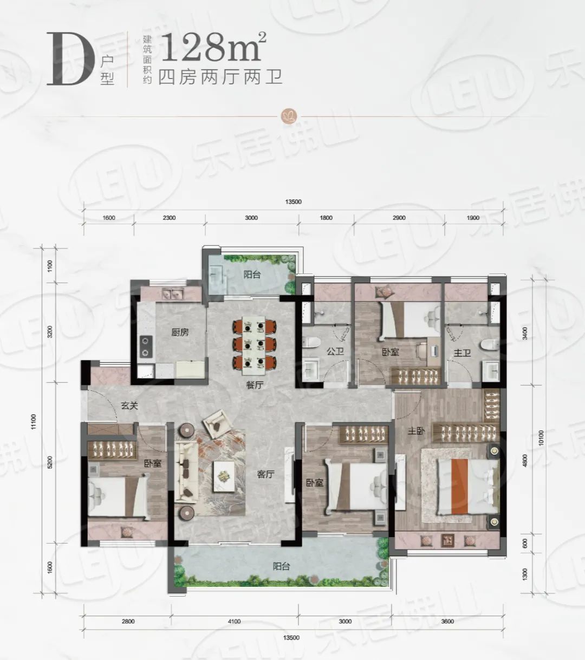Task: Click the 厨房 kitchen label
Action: click(180, 332)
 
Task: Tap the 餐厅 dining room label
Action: click(255, 385)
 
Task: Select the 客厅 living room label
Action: click(265, 474)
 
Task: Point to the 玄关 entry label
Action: click(129, 406)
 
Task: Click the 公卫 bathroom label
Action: click(335, 351)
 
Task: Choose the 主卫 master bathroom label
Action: click(462, 353)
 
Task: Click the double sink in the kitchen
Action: click(172, 294)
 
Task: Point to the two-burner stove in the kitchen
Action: click(145, 347)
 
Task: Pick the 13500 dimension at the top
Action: click(294, 201)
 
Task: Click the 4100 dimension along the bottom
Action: click(234, 621)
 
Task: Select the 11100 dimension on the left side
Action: click(34, 422)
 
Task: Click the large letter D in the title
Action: click(69, 59)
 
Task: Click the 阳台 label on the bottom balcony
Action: click(282, 566)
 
